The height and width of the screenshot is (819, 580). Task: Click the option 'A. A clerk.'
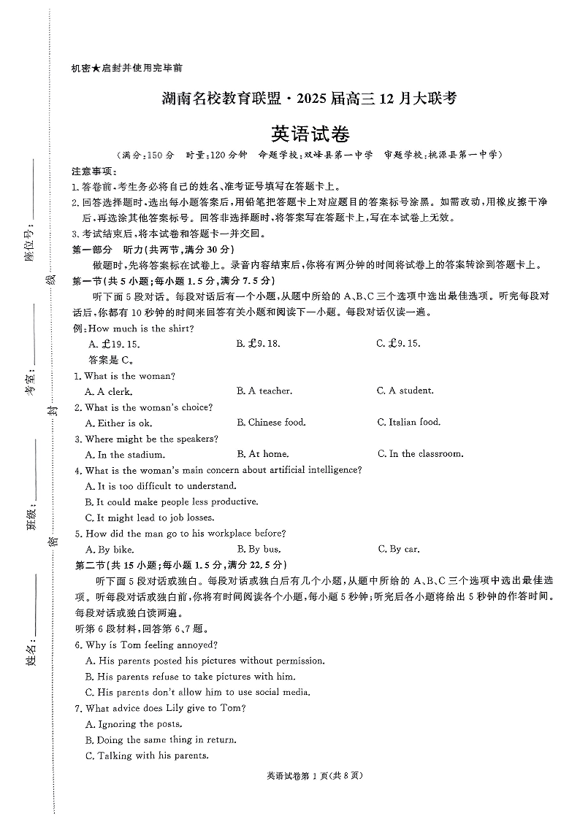point(109,391)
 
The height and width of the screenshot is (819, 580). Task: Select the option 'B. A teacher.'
point(264,391)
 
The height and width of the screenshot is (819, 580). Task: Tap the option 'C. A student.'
point(405,391)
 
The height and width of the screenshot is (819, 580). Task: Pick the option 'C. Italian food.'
point(409,422)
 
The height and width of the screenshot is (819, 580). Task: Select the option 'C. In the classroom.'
point(420,454)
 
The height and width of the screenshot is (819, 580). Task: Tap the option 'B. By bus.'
point(259,549)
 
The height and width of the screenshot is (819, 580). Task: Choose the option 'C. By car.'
point(399,549)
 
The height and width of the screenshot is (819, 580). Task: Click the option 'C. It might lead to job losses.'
point(150,518)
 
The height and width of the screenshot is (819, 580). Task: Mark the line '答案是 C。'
point(110,360)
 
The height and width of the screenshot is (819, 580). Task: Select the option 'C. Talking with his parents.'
point(147,755)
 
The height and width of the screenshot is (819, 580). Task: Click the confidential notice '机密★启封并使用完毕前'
point(126,67)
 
